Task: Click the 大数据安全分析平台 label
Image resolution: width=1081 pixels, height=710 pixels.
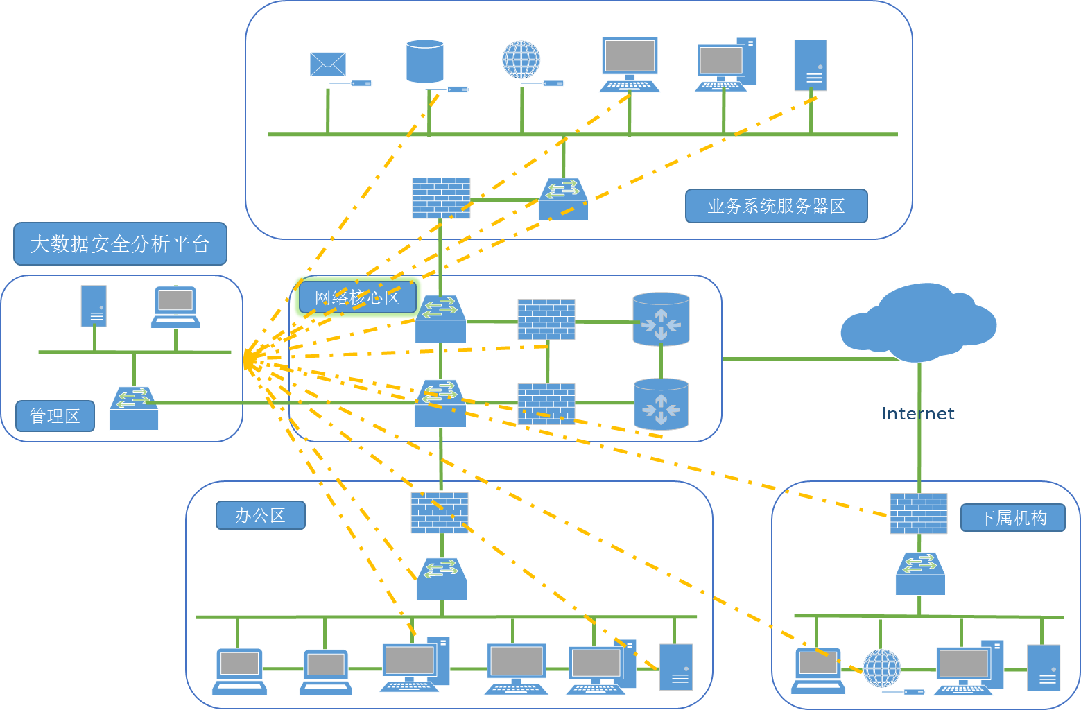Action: (x=120, y=244)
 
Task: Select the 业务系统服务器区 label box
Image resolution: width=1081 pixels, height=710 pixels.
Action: (x=776, y=206)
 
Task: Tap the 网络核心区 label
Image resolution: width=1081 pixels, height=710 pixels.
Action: (x=358, y=297)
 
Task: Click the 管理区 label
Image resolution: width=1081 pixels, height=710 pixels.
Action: (x=55, y=416)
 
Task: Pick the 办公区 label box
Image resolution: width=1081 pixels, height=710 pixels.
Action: (x=260, y=515)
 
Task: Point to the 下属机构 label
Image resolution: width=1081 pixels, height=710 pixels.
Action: (x=1012, y=518)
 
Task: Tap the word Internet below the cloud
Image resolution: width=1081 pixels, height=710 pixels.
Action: (x=917, y=414)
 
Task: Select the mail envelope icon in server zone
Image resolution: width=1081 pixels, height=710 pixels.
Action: (x=328, y=64)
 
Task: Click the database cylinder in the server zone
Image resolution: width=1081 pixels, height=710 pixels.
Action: (x=424, y=61)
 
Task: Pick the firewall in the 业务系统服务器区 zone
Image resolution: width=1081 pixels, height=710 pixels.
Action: (x=441, y=198)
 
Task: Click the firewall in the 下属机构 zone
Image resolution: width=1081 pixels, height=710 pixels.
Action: (x=919, y=513)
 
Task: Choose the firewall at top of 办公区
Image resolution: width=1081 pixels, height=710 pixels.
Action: (x=440, y=512)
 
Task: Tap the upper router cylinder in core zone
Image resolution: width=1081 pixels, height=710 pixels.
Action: (x=661, y=320)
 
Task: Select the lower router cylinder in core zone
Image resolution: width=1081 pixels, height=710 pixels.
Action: (x=661, y=404)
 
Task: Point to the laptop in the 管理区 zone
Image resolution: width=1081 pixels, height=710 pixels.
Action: (x=175, y=306)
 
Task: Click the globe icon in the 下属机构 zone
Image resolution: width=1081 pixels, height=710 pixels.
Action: (x=881, y=668)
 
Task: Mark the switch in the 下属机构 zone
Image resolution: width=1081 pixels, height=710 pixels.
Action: (x=920, y=573)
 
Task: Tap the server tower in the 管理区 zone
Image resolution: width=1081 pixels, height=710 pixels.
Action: (x=94, y=306)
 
